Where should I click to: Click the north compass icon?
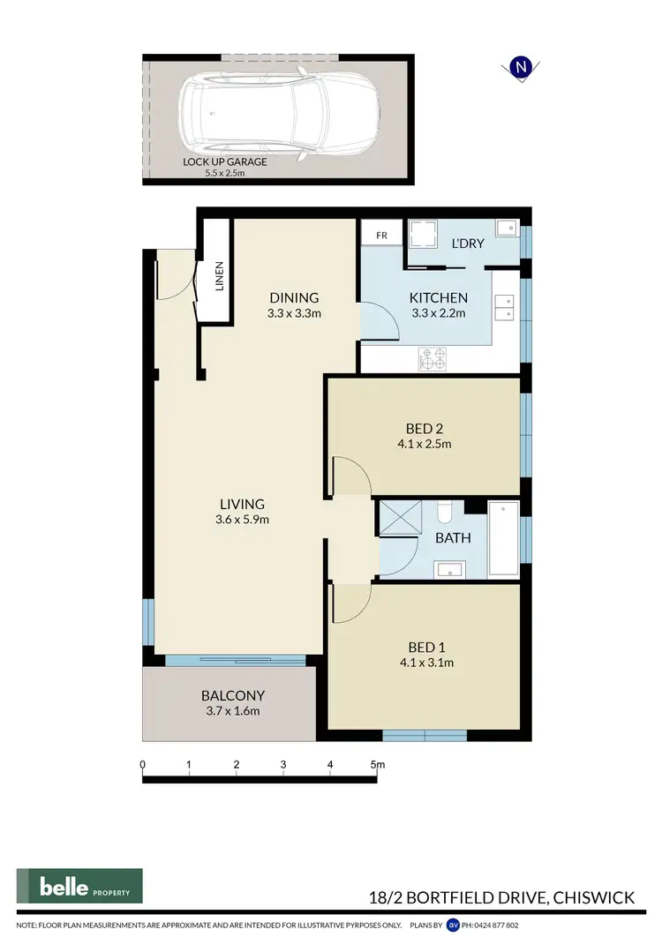click(522, 67)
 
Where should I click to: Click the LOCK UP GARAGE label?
click(224, 162)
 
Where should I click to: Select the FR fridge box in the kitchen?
click(381, 236)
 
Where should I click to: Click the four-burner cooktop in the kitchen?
click(433, 358)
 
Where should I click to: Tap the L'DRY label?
click(468, 244)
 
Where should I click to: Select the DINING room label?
click(294, 297)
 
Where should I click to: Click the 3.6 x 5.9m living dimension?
click(243, 520)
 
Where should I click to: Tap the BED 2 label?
click(424, 429)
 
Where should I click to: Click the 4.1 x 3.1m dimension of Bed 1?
click(424, 663)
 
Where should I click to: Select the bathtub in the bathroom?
click(503, 538)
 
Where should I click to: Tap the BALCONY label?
click(233, 695)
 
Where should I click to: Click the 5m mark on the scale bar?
click(377, 764)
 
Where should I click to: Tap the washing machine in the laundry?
click(422, 235)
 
